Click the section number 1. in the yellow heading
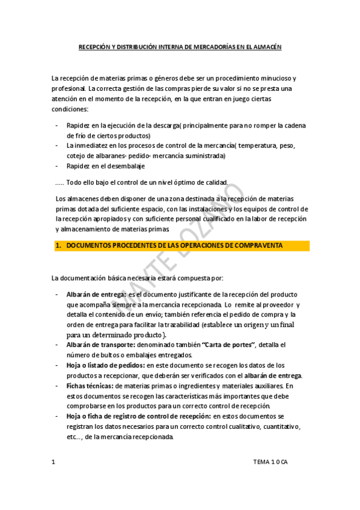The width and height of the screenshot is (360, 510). coord(58,245)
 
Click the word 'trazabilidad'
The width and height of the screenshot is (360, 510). coord(177,324)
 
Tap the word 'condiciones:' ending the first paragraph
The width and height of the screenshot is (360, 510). coord(70,109)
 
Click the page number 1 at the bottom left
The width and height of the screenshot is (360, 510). coord(53,462)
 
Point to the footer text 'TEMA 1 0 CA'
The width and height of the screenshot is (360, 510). coord(270,462)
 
